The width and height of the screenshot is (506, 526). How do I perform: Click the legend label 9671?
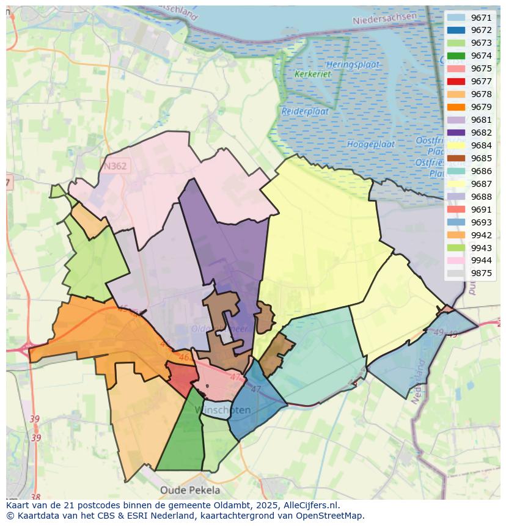481,18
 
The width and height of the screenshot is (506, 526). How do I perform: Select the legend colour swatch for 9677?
456,81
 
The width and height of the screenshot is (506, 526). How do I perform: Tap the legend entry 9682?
481,133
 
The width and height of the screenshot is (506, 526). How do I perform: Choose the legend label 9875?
481,273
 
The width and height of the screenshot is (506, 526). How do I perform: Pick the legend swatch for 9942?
456,235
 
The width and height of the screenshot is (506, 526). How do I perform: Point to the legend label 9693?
481,222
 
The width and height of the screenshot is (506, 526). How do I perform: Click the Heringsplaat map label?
353,64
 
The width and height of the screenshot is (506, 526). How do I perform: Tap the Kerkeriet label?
312,74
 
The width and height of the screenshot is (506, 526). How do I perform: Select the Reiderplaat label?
305,112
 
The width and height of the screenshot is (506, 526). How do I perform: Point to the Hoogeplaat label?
367,144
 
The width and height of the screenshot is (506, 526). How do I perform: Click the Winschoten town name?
227,410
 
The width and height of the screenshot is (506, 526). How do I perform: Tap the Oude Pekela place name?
190,490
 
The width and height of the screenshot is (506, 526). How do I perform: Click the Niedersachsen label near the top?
384,19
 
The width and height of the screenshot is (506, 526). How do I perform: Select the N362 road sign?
116,165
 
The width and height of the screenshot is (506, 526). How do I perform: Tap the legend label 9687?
481,184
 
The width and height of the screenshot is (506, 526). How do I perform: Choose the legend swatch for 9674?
456,56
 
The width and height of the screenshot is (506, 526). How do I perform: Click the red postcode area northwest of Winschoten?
181,379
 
